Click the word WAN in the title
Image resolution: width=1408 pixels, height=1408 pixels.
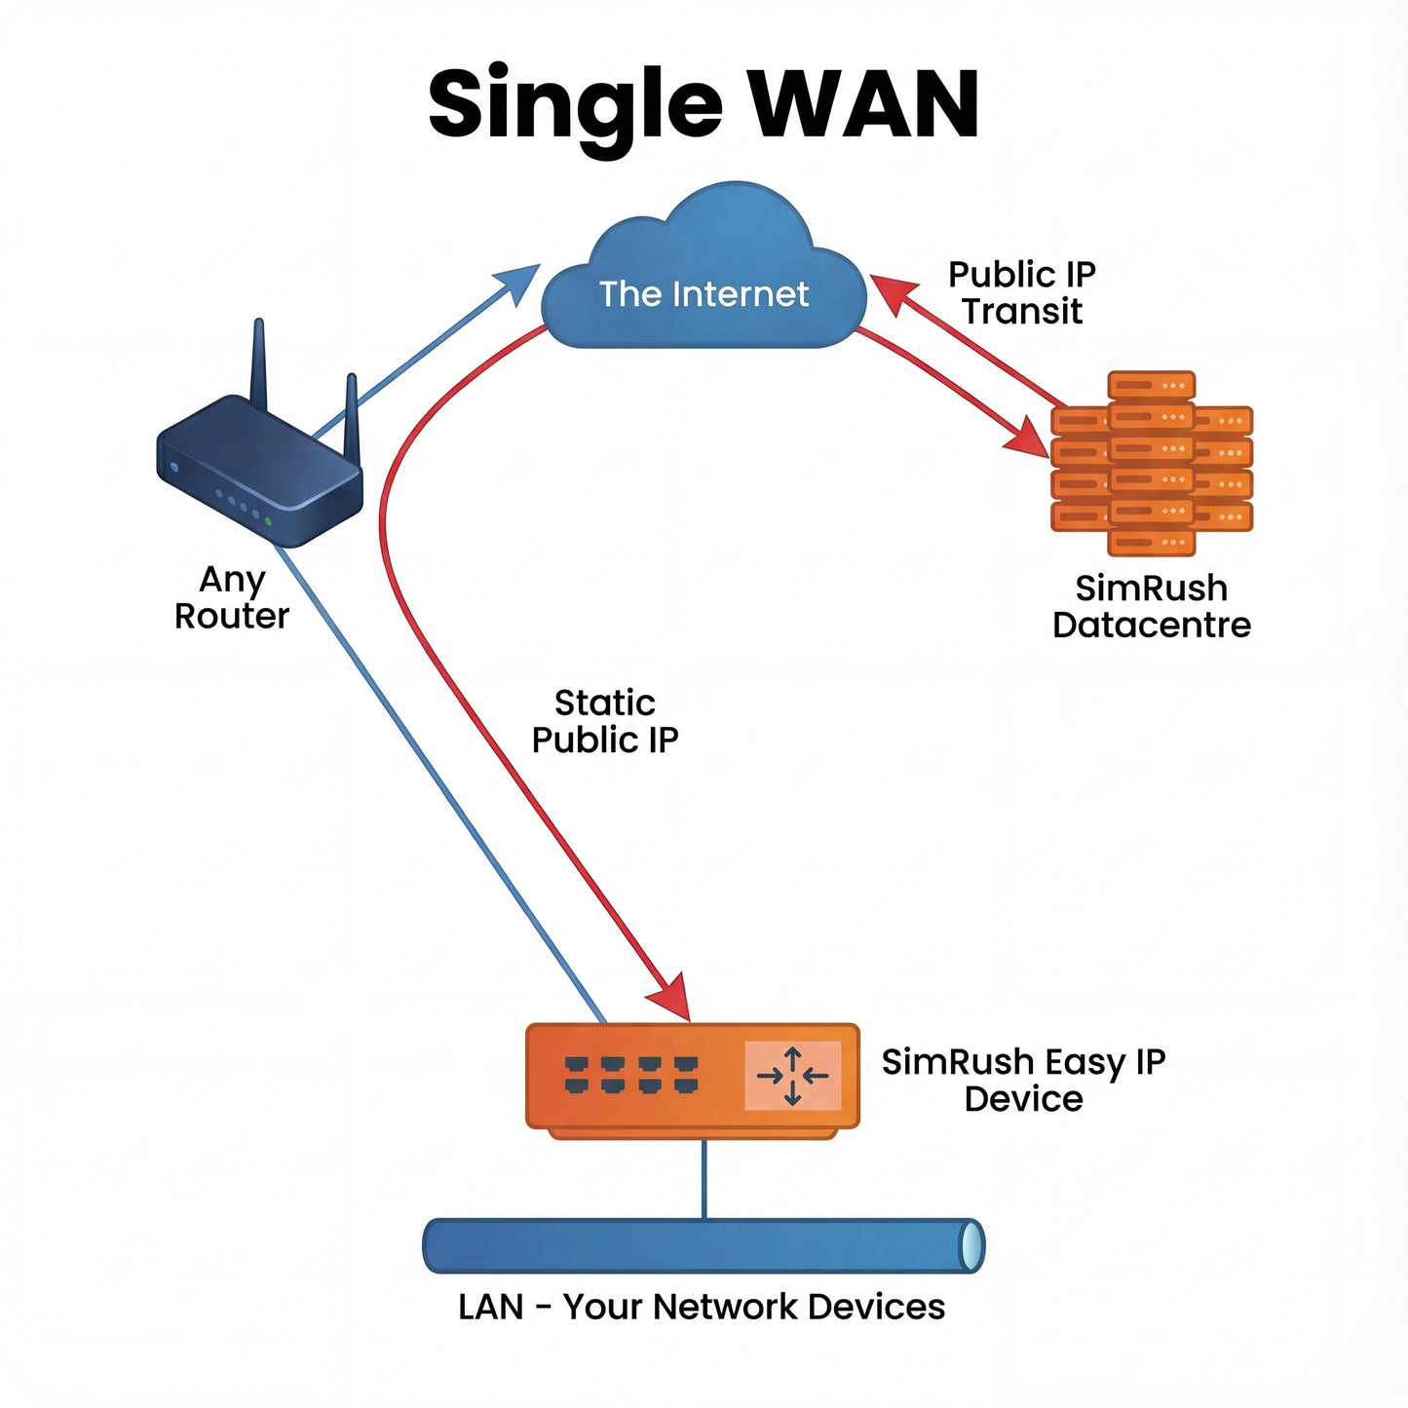point(865,104)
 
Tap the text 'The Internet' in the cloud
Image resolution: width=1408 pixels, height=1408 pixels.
point(704,293)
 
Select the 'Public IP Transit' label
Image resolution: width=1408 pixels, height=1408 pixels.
point(1022,292)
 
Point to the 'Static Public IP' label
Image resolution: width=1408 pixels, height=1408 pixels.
point(605,721)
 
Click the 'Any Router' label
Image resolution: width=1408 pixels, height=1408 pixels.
point(232,597)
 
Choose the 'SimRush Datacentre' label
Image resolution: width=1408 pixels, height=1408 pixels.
point(1151,606)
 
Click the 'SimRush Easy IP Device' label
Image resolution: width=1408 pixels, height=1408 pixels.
point(1023,1080)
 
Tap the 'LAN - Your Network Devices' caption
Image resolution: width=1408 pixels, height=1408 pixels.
point(702,1307)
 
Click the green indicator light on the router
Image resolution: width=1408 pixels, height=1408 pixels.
point(268,522)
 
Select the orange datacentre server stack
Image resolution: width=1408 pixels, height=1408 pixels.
point(1151,463)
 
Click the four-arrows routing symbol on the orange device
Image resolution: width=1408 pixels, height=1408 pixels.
point(792,1076)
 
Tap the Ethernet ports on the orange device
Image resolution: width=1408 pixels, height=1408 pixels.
point(631,1075)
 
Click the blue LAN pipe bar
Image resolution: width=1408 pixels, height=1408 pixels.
point(702,1245)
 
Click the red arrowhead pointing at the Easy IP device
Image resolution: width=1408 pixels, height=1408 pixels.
point(672,1000)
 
